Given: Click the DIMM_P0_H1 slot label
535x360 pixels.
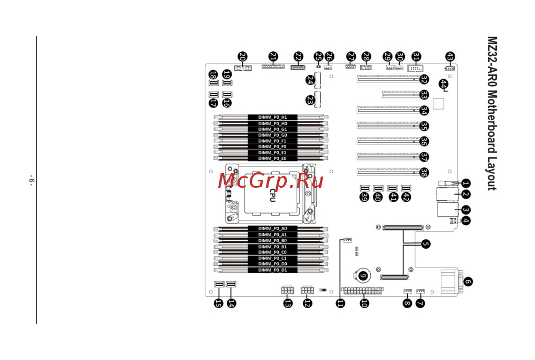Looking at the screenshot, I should click(x=272, y=117).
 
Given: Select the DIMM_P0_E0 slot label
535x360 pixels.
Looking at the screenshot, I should click(x=272, y=158).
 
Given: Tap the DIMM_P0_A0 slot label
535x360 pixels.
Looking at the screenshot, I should click(x=272, y=228).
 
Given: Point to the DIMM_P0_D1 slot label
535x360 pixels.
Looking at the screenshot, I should click(x=272, y=270).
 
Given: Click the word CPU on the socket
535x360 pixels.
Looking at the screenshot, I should click(x=272, y=195).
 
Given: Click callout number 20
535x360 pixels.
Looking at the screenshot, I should click(x=242, y=56).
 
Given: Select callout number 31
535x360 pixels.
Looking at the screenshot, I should click(x=416, y=56).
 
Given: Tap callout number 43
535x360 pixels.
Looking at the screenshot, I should click(x=450, y=56).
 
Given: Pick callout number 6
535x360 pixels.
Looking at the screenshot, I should click(x=468, y=281).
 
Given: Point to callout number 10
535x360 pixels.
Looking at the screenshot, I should click(x=364, y=303).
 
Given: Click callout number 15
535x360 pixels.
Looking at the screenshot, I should click(x=218, y=303).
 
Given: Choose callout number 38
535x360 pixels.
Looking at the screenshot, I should click(x=424, y=173).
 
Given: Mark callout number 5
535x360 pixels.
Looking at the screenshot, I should click(x=425, y=244).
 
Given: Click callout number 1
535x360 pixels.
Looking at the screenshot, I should click(x=465, y=183).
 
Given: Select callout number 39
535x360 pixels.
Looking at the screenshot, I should click(x=365, y=197).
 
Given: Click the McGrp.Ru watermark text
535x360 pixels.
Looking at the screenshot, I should click(x=270, y=181).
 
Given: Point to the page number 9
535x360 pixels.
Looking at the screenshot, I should click(x=31, y=180).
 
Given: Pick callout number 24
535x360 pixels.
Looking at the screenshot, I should click(x=310, y=80).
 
